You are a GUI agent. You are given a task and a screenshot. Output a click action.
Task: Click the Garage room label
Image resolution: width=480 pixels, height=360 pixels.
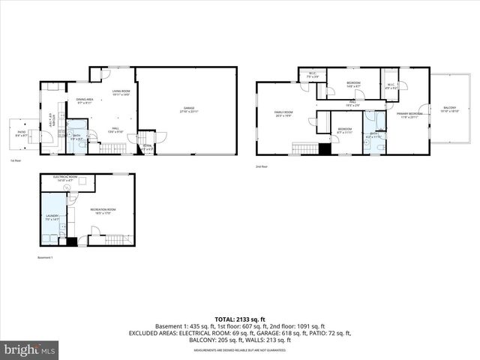[x=187, y=109]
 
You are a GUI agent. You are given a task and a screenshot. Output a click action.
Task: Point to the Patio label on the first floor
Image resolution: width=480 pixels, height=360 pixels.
[x=22, y=133]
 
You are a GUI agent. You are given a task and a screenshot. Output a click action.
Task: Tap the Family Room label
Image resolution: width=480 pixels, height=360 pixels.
[x=283, y=114]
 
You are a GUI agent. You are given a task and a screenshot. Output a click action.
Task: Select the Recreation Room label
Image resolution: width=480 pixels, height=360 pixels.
[x=103, y=211]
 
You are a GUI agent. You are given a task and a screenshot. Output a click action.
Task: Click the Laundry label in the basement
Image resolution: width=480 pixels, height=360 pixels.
[x=51, y=217]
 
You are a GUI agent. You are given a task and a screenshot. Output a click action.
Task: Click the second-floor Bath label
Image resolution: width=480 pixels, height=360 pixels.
[x=373, y=136]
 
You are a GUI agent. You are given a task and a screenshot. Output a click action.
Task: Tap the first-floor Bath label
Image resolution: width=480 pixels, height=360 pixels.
[x=76, y=137]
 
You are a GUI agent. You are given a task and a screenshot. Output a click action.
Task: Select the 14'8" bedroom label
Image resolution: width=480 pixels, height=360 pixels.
[x=353, y=84]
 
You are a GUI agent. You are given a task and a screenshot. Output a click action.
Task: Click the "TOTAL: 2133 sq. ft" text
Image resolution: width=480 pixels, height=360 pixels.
[x=239, y=318]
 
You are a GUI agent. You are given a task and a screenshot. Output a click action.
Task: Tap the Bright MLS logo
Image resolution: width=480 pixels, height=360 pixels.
[x=30, y=349]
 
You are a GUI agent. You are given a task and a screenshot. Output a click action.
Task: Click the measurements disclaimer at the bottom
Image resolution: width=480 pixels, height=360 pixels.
[x=240, y=350]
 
